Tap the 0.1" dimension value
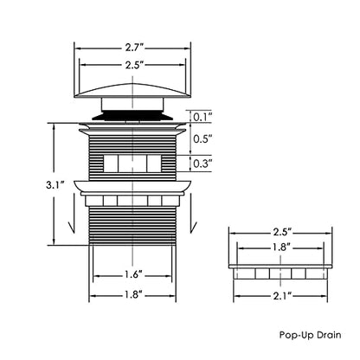pos(202,117)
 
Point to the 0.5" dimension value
pos(202,139)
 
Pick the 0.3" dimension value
pos(202,164)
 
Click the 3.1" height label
pos(55,184)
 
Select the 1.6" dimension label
pos(133,274)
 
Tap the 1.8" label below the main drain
pos(133,294)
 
